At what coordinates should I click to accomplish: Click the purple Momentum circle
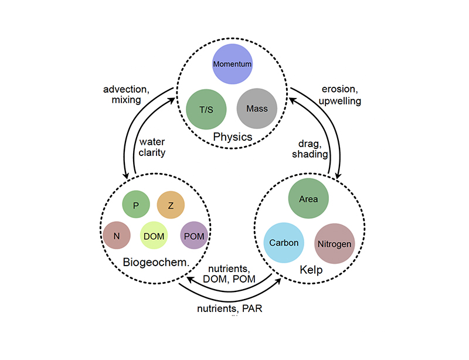pos(233,63)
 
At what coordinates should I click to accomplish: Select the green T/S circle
pos(206,108)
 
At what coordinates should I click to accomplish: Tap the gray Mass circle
pos(257,108)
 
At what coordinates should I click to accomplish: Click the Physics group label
pos(232,137)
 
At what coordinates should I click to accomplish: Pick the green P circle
pos(136,205)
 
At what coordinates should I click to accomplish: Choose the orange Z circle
pos(171,205)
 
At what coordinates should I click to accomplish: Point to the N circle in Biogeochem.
pos(117,236)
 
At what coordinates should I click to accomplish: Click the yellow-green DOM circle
pos(154,236)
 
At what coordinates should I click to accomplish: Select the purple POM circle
pos(194,236)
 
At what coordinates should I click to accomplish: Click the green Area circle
pos(308,199)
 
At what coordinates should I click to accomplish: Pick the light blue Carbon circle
pos(284,243)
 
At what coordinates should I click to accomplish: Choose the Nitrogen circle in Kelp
pos(334,243)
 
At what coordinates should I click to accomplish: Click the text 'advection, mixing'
pos(122,94)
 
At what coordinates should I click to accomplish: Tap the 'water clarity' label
pos(152,147)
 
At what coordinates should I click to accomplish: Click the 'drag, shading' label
pos(311,148)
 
